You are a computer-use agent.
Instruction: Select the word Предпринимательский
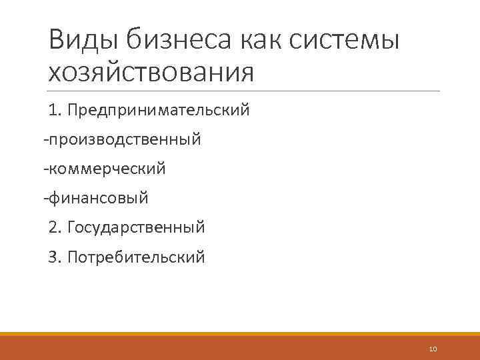159,109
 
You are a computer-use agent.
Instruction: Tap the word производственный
125,139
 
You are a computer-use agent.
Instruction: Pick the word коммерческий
107,169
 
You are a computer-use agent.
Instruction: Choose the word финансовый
99,198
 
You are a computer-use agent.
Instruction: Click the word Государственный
136,227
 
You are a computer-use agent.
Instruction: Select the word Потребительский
137,257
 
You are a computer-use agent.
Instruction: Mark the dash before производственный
45,140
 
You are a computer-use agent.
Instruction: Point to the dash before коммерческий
45,169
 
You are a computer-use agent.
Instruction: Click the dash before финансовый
45,199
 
